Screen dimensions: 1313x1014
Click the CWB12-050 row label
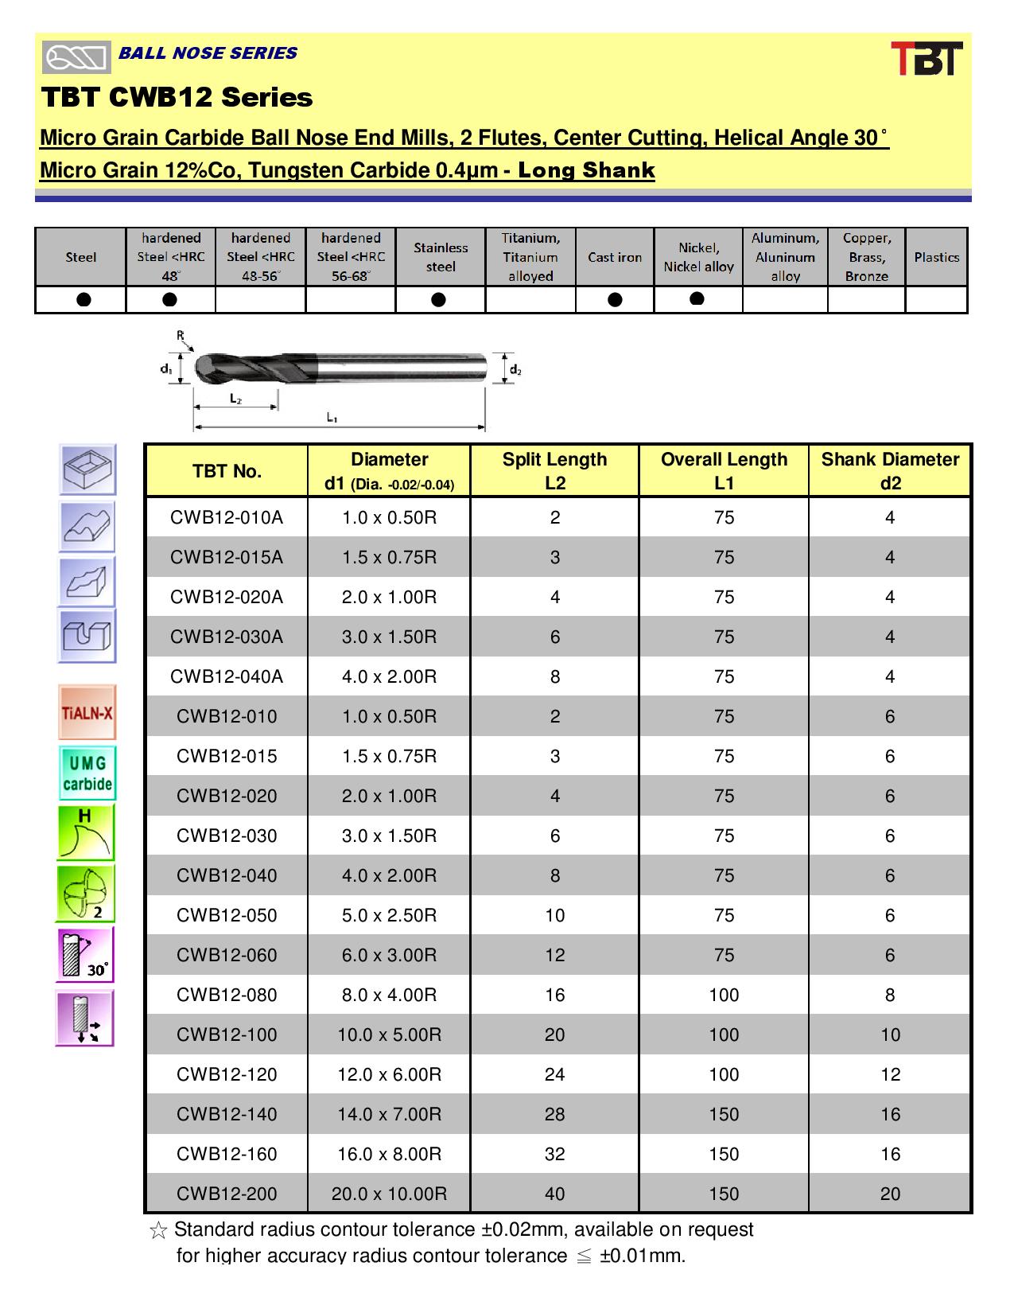(x=227, y=915)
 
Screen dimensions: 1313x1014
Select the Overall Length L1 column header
(x=724, y=470)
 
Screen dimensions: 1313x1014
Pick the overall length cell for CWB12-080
(x=724, y=995)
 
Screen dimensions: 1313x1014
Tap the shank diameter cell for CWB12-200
(x=890, y=1194)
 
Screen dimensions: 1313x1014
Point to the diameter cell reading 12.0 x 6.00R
(x=389, y=1074)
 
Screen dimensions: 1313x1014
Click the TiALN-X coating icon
(x=87, y=711)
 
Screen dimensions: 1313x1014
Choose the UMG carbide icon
(x=87, y=773)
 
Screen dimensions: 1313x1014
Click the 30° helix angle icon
(x=86, y=954)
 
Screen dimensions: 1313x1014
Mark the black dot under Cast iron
(x=614, y=299)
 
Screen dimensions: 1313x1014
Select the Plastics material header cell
(x=936, y=257)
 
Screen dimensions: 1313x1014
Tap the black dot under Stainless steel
(x=438, y=299)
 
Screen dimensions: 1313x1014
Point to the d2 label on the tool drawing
(x=515, y=369)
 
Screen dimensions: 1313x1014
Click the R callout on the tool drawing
(x=181, y=336)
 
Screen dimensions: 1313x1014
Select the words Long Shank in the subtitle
(x=586, y=170)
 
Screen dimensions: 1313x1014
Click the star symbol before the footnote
(x=158, y=1231)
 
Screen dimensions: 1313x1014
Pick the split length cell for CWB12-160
(x=554, y=1154)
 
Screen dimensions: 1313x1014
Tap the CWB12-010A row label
(x=227, y=517)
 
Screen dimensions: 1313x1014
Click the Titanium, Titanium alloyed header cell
(x=530, y=257)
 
